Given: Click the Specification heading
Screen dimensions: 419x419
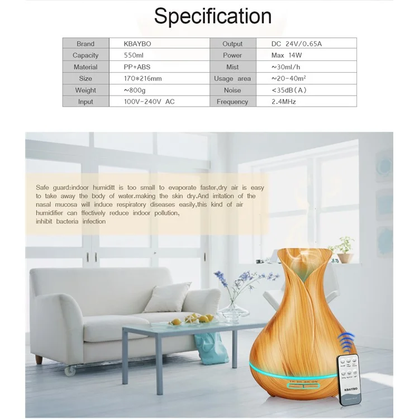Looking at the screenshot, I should tap(212, 16).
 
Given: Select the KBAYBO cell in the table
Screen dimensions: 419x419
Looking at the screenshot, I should tap(136, 44).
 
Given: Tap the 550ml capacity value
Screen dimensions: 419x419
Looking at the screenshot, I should tap(134, 55).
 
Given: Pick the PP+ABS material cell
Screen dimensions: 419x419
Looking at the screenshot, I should tap(137, 67).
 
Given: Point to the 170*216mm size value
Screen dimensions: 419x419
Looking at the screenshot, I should tap(143, 79).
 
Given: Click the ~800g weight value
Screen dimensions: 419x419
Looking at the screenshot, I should tap(135, 91).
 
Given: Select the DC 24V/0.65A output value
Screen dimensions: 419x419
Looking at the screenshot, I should tap(296, 44).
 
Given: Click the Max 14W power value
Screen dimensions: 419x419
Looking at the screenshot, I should tap(287, 55).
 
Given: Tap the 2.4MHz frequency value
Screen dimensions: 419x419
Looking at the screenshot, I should tap(284, 102).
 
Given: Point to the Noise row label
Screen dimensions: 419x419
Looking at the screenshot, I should tap(232, 91).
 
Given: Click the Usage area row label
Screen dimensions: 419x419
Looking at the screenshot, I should tap(232, 79).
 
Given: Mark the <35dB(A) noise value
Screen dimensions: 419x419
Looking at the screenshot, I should tap(289, 91).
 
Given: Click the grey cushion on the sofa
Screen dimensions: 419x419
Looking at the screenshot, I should tap(167, 297).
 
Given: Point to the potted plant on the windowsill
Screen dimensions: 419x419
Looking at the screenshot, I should tap(345, 250).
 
